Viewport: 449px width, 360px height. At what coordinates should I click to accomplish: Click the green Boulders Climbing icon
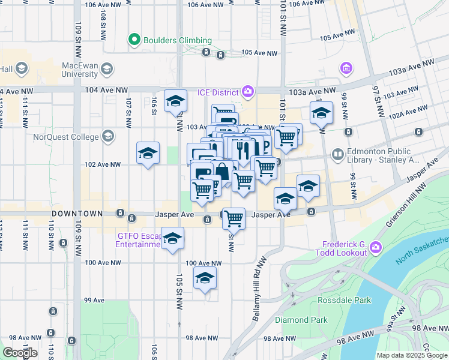(x=134, y=40)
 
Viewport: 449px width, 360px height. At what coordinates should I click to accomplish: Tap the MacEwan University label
(x=72, y=69)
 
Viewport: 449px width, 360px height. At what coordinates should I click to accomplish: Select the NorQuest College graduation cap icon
(x=108, y=136)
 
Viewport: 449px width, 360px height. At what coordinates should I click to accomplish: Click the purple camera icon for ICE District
(x=247, y=92)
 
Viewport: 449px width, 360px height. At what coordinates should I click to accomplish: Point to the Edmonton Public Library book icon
(x=338, y=155)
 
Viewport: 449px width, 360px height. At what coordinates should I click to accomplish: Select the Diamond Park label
(x=301, y=320)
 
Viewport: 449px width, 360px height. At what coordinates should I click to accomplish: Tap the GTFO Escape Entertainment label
(x=139, y=240)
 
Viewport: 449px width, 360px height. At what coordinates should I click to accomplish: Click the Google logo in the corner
(x=20, y=352)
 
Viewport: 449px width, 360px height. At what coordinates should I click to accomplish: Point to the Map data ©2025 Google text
(x=412, y=355)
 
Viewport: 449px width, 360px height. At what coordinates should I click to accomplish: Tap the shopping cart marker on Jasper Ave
(x=234, y=218)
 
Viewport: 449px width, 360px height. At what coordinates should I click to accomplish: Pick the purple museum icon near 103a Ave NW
(x=346, y=68)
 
